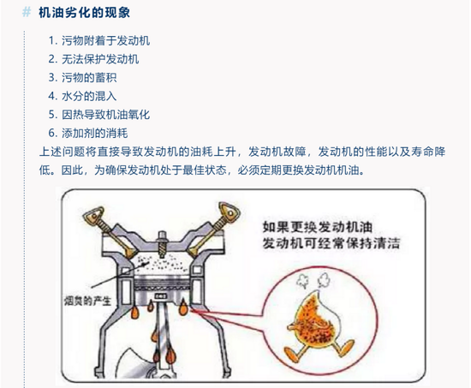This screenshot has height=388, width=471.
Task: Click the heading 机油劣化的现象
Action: point(84,13)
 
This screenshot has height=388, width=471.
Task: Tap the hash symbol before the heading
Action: point(27,12)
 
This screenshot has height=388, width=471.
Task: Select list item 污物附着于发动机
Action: point(105,40)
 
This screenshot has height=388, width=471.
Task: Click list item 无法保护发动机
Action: point(100,59)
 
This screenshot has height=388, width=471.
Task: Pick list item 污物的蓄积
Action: point(89,78)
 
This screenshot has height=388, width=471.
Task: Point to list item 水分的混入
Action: point(89,96)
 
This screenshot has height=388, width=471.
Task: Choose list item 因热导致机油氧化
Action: point(105,115)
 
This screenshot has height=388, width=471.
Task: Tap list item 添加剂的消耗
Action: point(94,133)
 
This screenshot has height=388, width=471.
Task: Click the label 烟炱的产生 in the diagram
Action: point(87,301)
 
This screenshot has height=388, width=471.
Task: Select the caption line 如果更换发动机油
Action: point(317,227)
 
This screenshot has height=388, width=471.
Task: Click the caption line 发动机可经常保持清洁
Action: point(331,243)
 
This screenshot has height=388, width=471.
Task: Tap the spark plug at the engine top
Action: point(162,243)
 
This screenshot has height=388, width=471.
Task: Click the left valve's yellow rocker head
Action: point(93,216)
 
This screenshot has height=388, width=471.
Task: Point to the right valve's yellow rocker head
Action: point(229,212)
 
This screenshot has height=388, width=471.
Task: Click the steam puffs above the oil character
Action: point(313,280)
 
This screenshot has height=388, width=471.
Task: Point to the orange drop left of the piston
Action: point(134,312)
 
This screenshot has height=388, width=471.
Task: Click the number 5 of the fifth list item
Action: point(51,115)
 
